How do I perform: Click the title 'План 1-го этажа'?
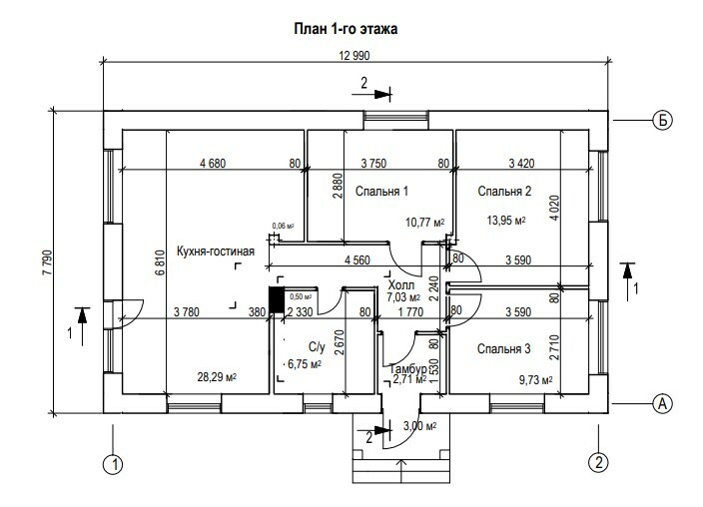tap(346, 29)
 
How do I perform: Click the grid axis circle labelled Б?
tap(661, 120)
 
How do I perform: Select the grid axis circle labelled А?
tap(661, 403)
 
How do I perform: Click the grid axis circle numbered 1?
tap(116, 463)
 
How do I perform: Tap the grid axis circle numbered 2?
tap(598, 463)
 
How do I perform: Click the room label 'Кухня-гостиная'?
tap(215, 251)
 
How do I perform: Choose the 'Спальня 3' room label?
tap(503, 348)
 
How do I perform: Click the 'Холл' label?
tap(401, 285)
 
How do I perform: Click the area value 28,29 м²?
tap(223, 376)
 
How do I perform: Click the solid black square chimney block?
tap(276, 300)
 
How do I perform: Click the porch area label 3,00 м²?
tap(419, 427)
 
